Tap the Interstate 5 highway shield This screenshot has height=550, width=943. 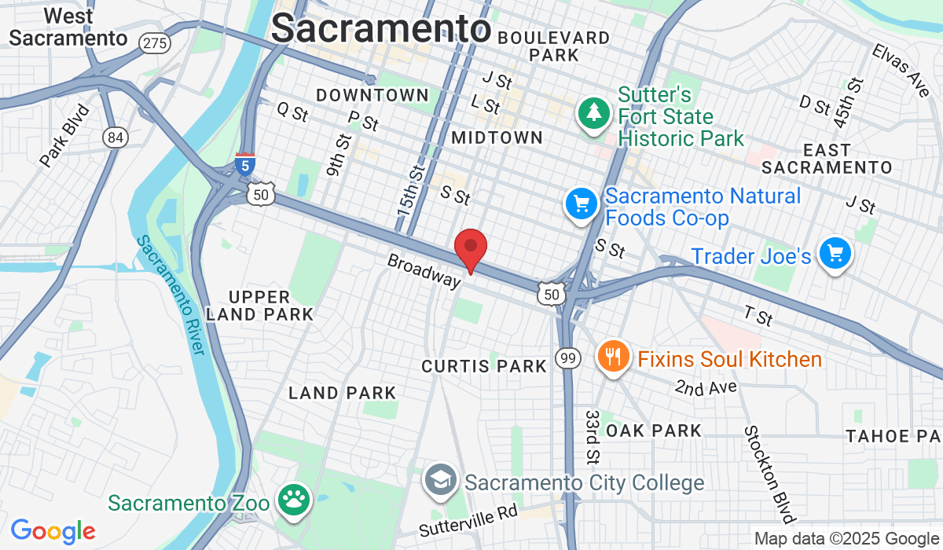pyautogui.click(x=245, y=164)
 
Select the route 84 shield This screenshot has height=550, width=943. pyautogui.click(x=116, y=137)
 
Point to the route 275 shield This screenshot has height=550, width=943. pyautogui.click(x=154, y=42)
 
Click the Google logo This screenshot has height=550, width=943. pyautogui.click(x=53, y=531)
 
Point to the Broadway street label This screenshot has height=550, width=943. pyautogui.click(x=423, y=270)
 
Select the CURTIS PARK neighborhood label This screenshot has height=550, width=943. pyautogui.click(x=484, y=366)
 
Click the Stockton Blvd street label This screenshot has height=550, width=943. pyautogui.click(x=769, y=474)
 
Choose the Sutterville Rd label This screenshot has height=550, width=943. pyautogui.click(x=468, y=521)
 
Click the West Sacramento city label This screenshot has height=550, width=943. pyautogui.click(x=68, y=27)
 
